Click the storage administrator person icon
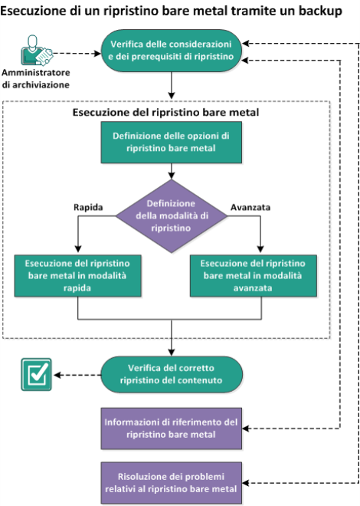(36, 51)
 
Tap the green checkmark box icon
(36, 375)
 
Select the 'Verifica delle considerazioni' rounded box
(172, 51)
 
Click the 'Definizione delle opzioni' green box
(172, 143)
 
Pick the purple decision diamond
(172, 216)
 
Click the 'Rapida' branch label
(88, 207)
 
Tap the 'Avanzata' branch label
(250, 207)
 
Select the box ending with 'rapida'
(77, 276)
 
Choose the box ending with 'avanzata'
(254, 276)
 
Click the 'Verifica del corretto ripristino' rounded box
(172, 374)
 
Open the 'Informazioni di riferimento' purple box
(172, 429)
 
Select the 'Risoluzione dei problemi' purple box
(172, 483)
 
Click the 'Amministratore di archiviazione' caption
(36, 78)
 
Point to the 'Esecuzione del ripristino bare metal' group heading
(165, 112)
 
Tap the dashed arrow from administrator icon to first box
(77, 54)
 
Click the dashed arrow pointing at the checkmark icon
(77, 375)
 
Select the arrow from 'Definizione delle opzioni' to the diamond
(172, 171)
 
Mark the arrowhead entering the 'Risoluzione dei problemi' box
(245, 483)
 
